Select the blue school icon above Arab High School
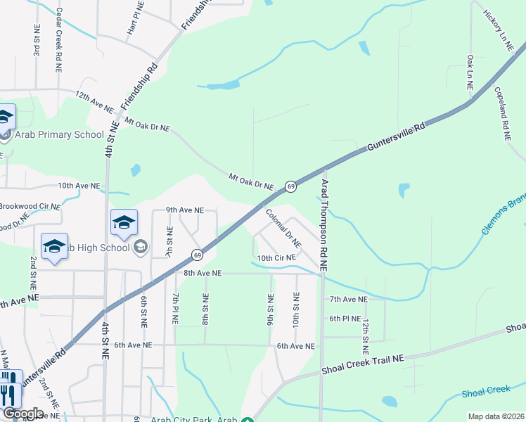pyautogui.click(x=124, y=224)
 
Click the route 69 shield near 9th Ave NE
pyautogui.click(x=198, y=254)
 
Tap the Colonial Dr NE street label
pyautogui.click(x=283, y=226)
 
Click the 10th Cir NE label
pyautogui.click(x=276, y=258)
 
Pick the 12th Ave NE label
pyautogui.click(x=94, y=101)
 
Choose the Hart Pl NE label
pyautogui.click(x=136, y=18)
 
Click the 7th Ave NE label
pyautogui.click(x=349, y=299)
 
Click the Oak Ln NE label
pyautogui.click(x=470, y=70)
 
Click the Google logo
pyautogui.click(x=23, y=413)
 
